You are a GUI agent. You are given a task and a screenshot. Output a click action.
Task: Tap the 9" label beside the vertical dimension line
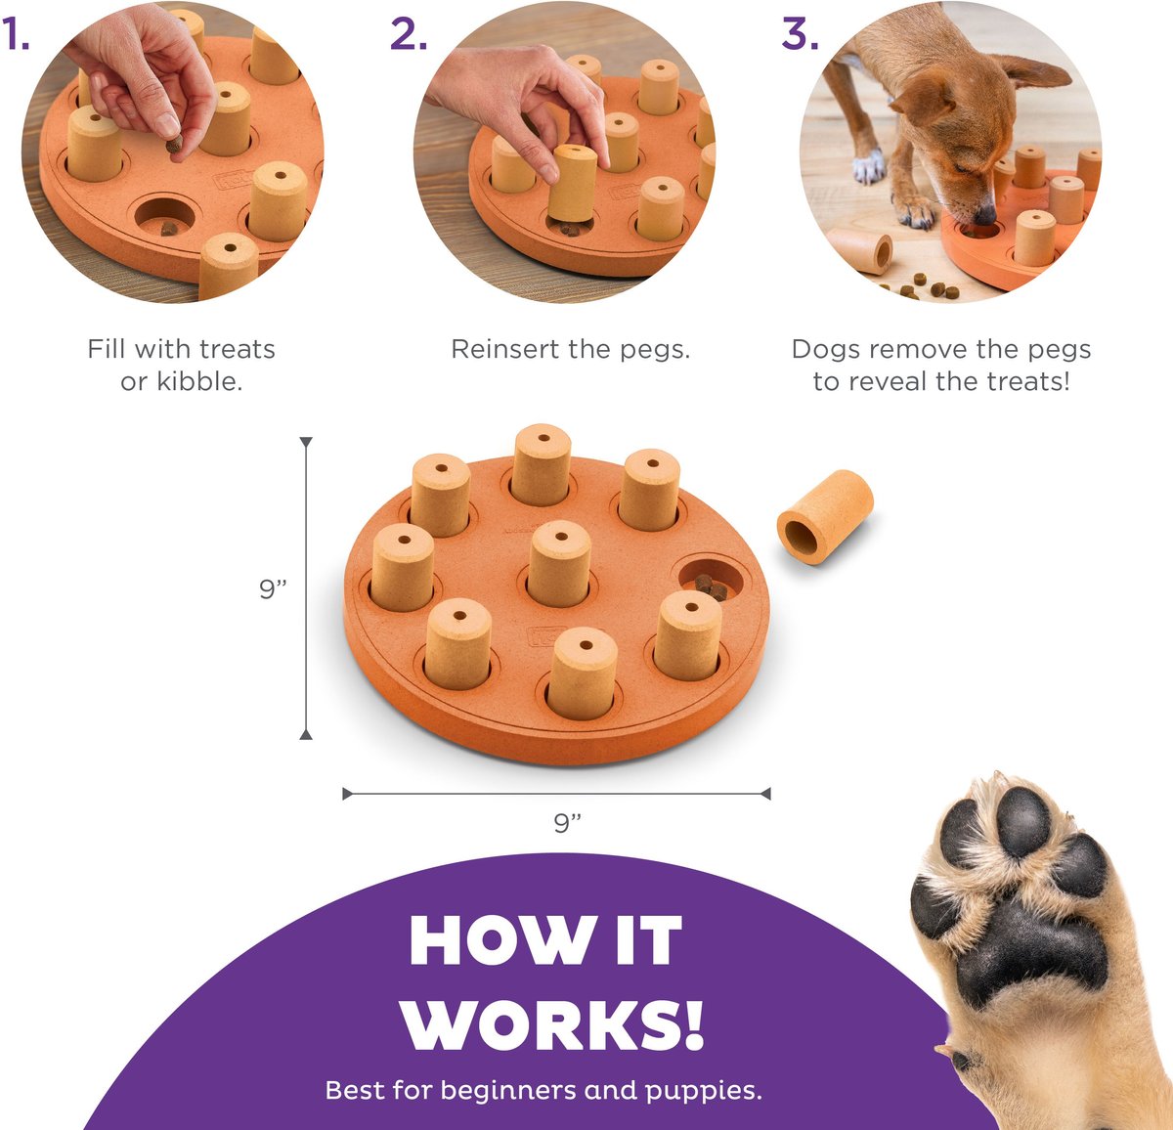pos(273,588)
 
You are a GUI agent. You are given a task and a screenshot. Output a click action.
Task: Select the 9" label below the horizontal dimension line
pos(567,823)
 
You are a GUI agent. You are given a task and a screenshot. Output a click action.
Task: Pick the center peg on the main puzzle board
pos(559,563)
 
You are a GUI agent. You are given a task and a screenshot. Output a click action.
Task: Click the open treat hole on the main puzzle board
pos(712,580)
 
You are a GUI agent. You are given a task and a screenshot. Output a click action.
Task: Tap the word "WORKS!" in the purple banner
pos(552,1024)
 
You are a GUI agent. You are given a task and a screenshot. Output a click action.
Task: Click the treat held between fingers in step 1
pos(174,146)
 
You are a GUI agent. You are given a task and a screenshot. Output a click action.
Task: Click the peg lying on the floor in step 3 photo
pos(861,251)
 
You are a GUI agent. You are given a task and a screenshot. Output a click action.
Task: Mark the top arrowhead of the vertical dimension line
pos(306,443)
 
